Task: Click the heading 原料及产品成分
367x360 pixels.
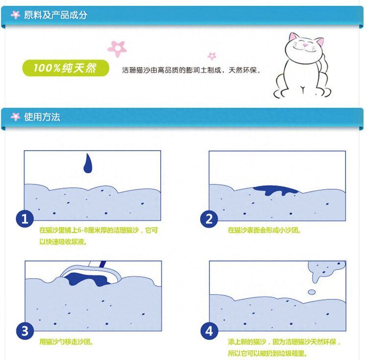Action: [x=56, y=15]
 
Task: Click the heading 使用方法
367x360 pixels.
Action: [x=42, y=117]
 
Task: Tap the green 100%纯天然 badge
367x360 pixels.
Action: [x=66, y=68]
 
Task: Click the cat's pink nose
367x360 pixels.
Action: [x=305, y=45]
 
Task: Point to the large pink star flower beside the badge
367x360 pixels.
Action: [x=117, y=48]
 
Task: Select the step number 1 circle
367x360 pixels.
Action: [x=24, y=219]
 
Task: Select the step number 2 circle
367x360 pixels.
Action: [x=209, y=219]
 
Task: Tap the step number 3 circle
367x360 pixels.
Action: [x=25, y=331]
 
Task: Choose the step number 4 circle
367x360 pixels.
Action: [x=209, y=331]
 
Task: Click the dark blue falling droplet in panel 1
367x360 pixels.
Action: [x=88, y=164]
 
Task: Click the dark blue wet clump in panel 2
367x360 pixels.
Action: [x=275, y=190]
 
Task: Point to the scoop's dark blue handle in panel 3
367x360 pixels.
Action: [x=103, y=264]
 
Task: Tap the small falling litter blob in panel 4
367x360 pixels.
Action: [x=312, y=292]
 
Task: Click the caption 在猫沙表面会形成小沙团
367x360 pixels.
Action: [x=264, y=230]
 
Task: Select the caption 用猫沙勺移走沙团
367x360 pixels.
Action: [x=67, y=342]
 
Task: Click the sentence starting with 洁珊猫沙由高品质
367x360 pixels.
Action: [x=191, y=70]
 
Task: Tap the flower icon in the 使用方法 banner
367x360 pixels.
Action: [x=16, y=116]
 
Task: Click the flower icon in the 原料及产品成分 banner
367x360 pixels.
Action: [x=16, y=15]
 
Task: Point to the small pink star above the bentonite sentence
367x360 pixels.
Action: [x=212, y=56]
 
